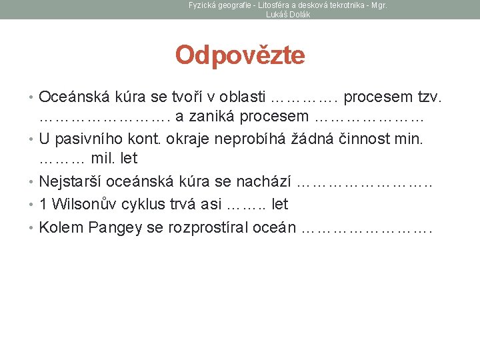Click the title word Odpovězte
pyautogui.click(x=240, y=55)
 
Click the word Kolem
pyautogui.click(x=59, y=227)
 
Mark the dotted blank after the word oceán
pyautogui.click(x=367, y=228)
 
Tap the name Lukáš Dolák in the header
pyautogui.click(x=288, y=14)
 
